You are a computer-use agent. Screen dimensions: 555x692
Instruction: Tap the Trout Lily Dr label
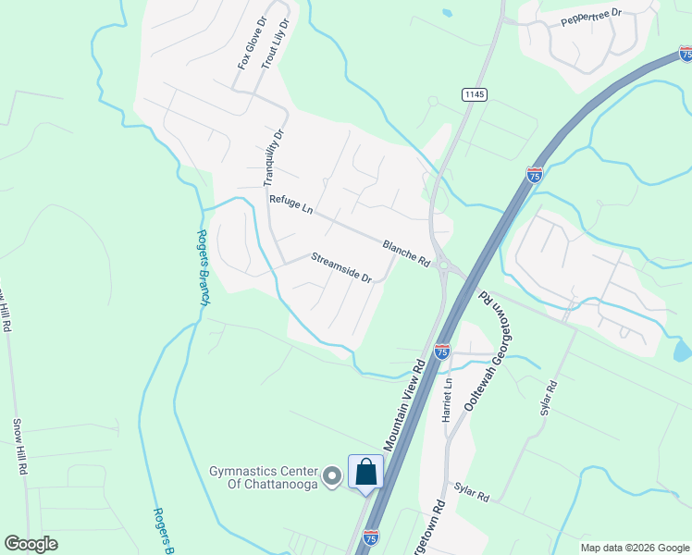[x=282, y=43]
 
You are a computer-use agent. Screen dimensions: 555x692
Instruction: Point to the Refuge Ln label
[x=290, y=204]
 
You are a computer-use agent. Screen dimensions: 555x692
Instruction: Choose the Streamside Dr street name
[x=340, y=268]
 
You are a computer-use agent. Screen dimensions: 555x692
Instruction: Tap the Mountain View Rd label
[x=402, y=406]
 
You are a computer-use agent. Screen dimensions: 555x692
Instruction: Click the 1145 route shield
[x=475, y=94]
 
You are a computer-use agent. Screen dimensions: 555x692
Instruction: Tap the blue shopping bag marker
[x=365, y=473]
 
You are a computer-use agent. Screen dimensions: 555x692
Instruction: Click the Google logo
[x=31, y=544]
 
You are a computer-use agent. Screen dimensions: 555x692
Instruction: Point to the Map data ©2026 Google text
[x=635, y=548]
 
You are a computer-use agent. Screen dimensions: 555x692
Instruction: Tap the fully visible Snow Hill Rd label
[x=19, y=447]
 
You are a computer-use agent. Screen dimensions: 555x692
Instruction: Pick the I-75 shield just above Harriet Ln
[x=441, y=351]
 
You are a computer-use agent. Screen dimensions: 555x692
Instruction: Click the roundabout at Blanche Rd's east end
[x=449, y=268]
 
